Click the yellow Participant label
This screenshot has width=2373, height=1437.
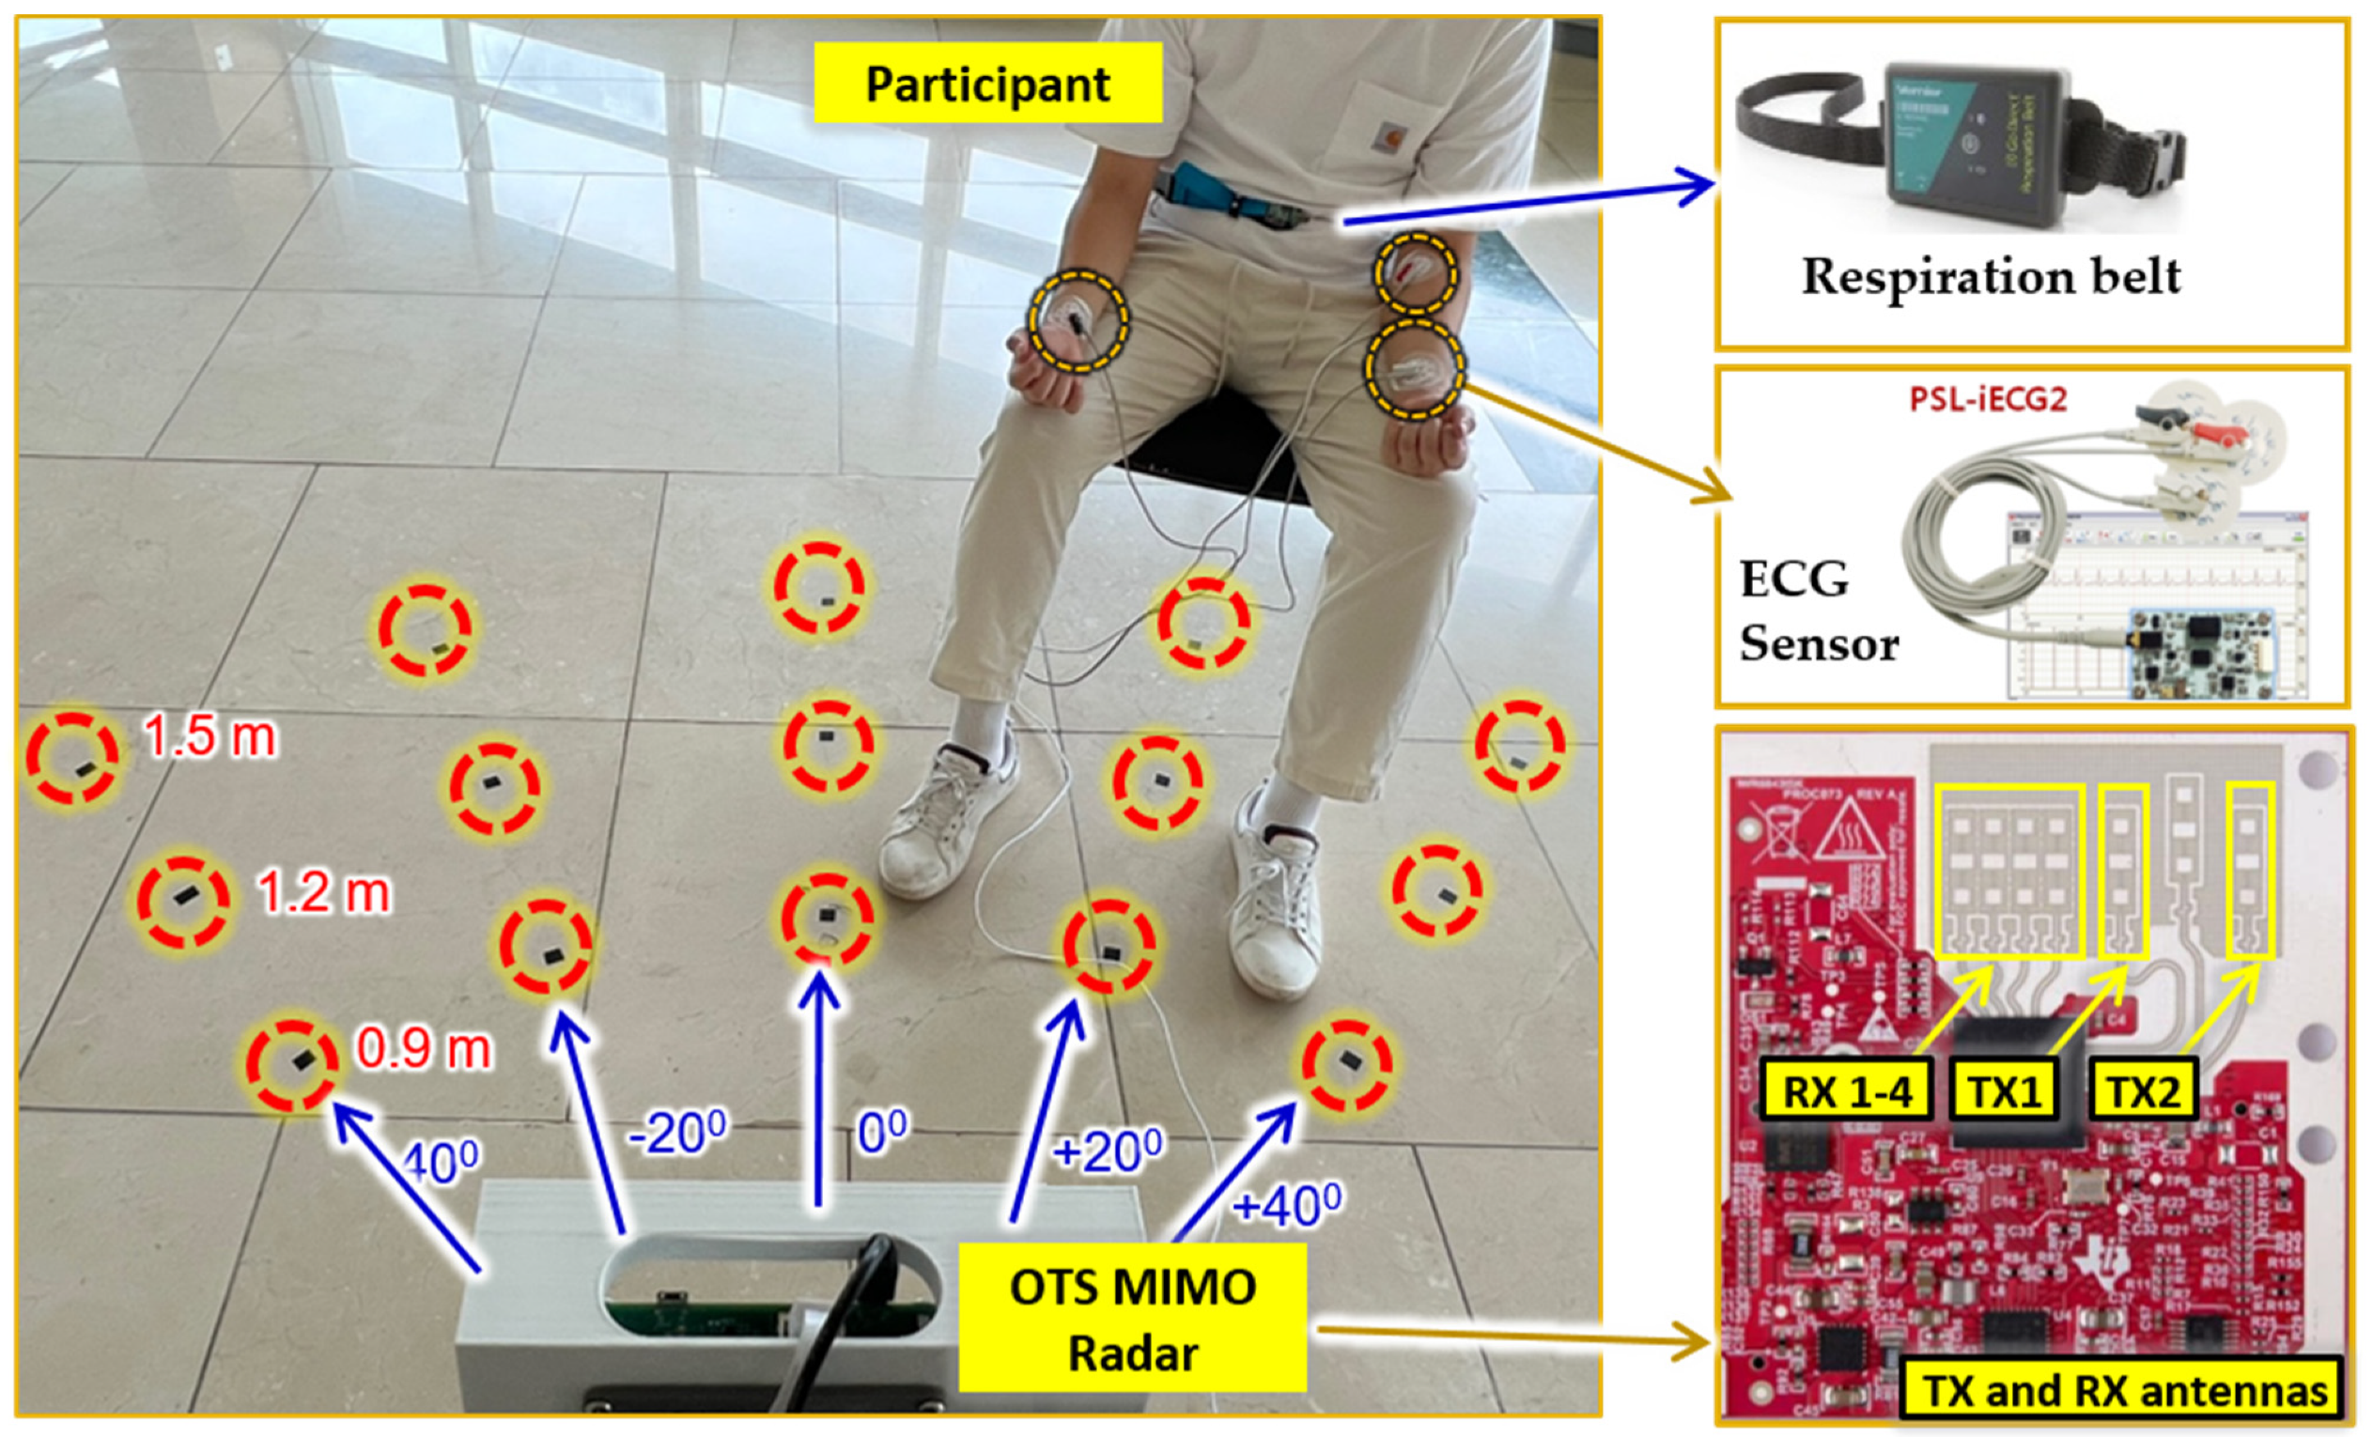[x=987, y=84]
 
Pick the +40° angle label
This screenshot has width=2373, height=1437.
[x=1287, y=1205]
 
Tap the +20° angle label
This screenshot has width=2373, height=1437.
[x=1108, y=1150]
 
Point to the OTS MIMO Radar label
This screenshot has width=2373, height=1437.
[x=1133, y=1320]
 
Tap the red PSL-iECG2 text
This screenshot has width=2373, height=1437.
[x=1988, y=399]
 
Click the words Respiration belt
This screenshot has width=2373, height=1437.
[x=1991, y=276]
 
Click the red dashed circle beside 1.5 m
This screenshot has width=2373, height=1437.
[x=72, y=758]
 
